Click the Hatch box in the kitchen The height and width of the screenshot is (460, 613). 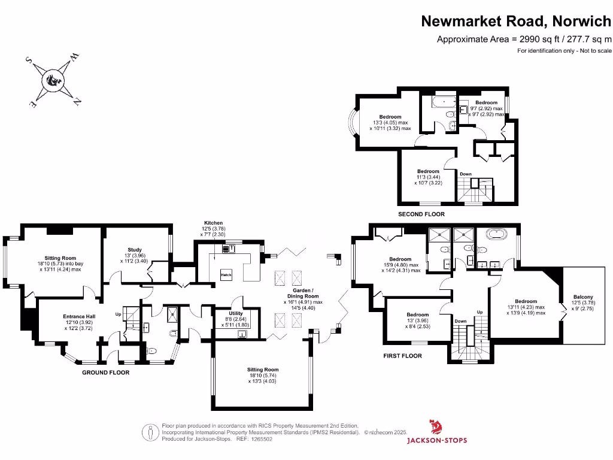(226, 274)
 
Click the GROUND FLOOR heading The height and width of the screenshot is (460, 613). (105, 372)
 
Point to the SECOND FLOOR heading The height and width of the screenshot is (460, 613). (421, 214)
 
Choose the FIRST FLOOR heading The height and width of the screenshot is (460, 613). (402, 356)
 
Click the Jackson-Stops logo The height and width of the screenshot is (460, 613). (437, 433)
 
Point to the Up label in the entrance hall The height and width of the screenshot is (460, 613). (118, 314)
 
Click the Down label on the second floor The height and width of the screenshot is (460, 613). (466, 174)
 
